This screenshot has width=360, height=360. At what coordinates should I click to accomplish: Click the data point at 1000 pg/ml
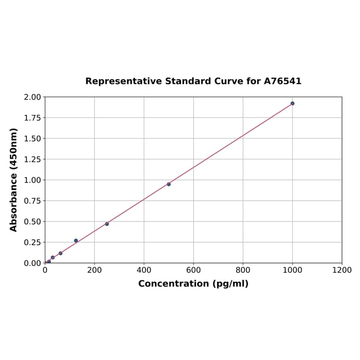coord(292,103)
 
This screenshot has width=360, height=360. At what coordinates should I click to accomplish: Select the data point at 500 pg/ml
coord(169,184)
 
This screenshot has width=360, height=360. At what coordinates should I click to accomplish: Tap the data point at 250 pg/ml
coord(107,224)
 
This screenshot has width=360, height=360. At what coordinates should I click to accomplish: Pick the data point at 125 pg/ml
coord(76,241)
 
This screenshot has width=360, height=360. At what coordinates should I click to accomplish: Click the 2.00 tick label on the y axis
coord(33,97)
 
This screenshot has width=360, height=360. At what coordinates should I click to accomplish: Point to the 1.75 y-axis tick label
coord(33,118)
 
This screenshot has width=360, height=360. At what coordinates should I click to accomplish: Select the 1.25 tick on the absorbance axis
coord(33,159)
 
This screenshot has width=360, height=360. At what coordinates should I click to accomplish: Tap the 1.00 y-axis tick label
coord(33,180)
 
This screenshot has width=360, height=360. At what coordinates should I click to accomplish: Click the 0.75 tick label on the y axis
coord(33,201)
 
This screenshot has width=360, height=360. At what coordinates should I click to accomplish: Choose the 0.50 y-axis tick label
coord(33,221)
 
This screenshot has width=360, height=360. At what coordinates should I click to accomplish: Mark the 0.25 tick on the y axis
coord(33,242)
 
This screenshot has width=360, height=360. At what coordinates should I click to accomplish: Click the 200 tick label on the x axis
coord(94,270)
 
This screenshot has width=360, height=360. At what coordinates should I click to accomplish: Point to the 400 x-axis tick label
coord(144,270)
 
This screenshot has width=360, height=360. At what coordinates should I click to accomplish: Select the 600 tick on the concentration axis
coord(193,270)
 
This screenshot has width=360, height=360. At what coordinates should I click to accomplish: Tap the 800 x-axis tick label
coord(243,270)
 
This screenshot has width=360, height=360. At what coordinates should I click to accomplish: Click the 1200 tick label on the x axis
coord(342,270)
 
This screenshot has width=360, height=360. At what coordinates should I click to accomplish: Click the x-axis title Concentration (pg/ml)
coord(193,284)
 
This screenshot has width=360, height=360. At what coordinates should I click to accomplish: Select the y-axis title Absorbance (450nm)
coord(14,180)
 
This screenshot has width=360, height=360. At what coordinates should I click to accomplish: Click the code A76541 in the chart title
coord(282,81)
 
